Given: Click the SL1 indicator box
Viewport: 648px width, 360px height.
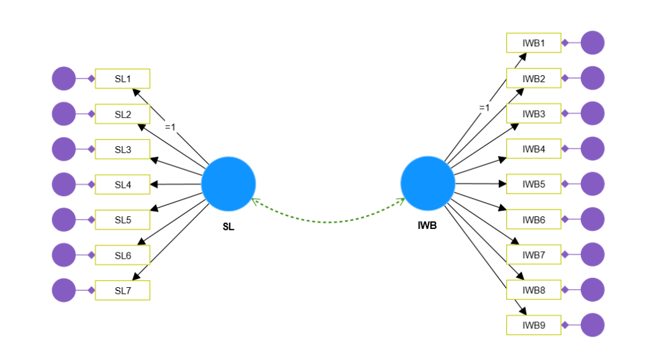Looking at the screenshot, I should click(122, 79).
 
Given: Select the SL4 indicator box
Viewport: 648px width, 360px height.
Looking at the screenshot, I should click(122, 185).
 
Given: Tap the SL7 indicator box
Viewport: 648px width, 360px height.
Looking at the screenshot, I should click(122, 290).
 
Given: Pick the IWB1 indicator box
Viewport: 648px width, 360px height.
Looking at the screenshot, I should click(533, 44).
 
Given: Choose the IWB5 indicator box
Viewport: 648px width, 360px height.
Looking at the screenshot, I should click(533, 185).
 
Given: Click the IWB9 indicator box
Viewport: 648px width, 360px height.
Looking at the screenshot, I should click(533, 326).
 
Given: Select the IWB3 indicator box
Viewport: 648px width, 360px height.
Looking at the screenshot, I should click(533, 114).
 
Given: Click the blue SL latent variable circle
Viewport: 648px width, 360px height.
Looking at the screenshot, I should click(228, 183).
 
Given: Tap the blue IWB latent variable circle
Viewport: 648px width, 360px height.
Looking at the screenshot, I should click(428, 183).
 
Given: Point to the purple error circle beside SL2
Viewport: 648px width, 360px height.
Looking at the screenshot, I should click(63, 114).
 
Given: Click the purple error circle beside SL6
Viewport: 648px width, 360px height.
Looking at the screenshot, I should click(63, 255).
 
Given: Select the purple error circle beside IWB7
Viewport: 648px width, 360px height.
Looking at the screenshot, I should click(592, 255).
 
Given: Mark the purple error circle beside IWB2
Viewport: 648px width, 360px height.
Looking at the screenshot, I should click(592, 78).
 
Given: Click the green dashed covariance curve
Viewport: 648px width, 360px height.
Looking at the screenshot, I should click(328, 222).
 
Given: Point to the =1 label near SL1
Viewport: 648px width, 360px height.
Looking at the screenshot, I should click(170, 127).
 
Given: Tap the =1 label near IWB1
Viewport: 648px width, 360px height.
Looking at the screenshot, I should click(484, 108).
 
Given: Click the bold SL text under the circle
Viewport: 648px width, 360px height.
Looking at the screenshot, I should click(228, 227).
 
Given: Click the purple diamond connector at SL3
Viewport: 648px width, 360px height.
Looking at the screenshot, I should click(91, 149).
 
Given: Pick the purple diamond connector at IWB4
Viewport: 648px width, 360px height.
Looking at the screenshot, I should click(565, 149).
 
